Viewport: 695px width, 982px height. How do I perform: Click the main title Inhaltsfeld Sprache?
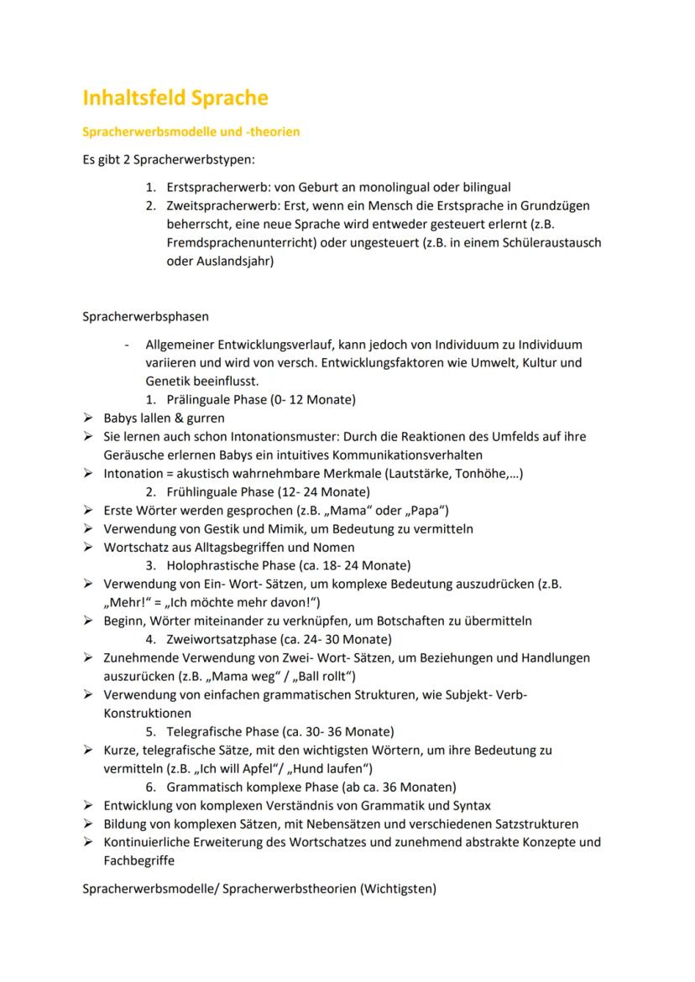[x=175, y=98]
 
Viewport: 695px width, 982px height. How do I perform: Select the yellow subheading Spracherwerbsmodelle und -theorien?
[x=191, y=132]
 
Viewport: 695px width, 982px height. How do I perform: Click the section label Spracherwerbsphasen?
[x=145, y=317]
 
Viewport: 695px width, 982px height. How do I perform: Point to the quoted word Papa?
[x=429, y=510]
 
